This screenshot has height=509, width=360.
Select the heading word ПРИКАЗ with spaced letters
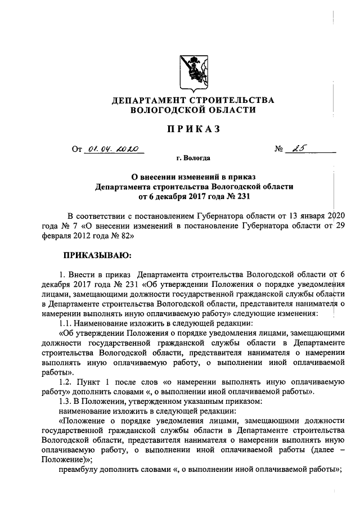pos(193,130)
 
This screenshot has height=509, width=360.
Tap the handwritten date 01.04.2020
pos(113,150)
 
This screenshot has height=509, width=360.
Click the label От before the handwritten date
pos(76,150)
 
